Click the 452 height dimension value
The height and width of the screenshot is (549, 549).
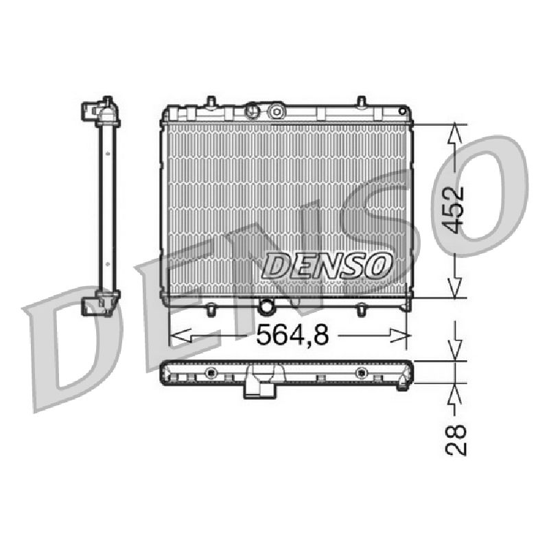click(456, 210)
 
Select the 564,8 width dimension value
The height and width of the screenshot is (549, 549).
click(293, 335)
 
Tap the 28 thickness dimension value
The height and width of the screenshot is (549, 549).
click(456, 440)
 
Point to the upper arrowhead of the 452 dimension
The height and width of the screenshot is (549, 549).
click(455, 132)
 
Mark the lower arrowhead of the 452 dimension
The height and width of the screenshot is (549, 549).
click(455, 288)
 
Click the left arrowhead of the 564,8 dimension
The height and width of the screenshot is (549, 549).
click(180, 336)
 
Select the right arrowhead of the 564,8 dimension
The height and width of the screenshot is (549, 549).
click(399, 336)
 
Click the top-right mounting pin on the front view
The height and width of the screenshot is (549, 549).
click(362, 101)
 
